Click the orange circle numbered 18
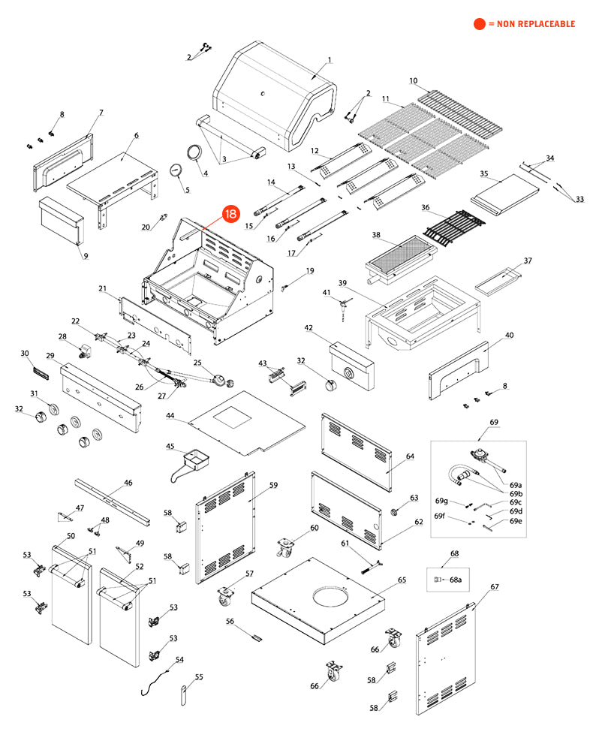230,214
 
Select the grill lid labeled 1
274,94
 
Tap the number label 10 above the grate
413,80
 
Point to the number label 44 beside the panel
170,415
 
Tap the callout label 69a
516,485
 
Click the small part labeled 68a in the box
439,580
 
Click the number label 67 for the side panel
495,586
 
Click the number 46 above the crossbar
128,483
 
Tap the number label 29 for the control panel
50,355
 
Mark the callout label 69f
440,516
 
